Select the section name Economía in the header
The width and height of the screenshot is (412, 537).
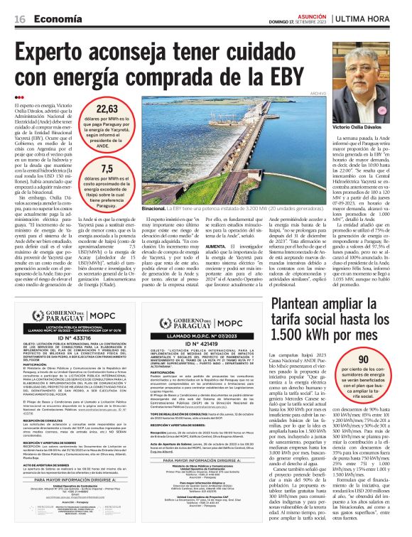pyautogui.click(x=54, y=18)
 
